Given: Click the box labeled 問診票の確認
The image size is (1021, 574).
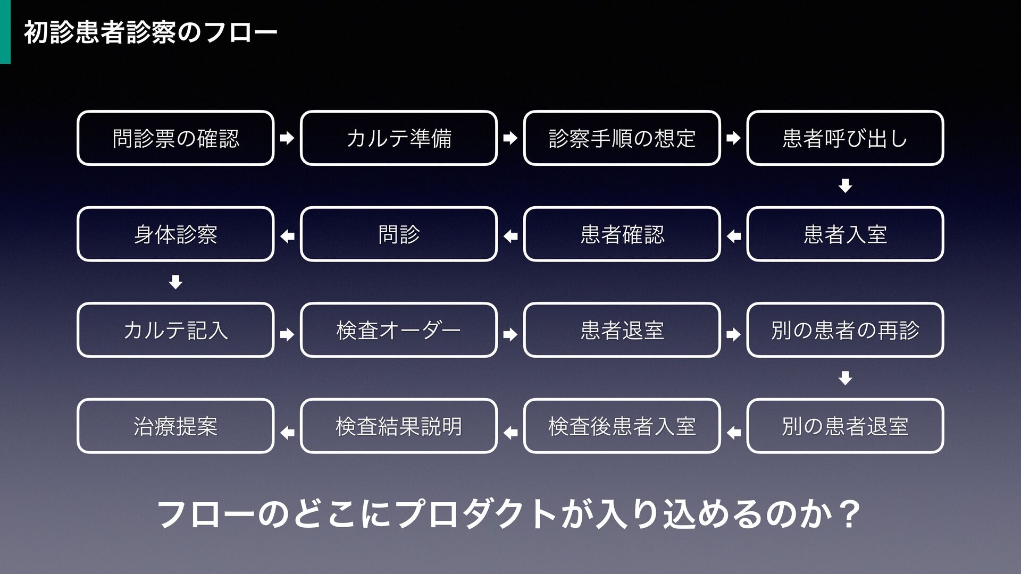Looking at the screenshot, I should click(175, 138).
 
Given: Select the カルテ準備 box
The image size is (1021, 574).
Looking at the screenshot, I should click(399, 138).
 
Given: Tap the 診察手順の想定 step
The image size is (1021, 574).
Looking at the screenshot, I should click(622, 138).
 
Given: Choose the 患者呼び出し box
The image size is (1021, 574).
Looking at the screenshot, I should click(846, 138).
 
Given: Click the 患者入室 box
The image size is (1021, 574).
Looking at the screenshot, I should click(846, 234).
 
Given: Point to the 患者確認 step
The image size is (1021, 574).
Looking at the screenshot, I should click(622, 234).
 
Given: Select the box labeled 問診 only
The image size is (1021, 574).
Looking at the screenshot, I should click(399, 234).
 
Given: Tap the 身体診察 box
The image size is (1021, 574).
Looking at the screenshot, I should click(175, 234).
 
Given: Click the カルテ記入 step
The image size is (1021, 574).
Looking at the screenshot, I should click(175, 330).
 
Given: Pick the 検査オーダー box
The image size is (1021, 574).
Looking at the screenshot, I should click(399, 330).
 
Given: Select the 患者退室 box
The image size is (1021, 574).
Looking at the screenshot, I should click(622, 330).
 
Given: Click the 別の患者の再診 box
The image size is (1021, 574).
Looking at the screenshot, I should click(846, 330).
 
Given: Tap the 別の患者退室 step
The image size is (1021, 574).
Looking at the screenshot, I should click(846, 426).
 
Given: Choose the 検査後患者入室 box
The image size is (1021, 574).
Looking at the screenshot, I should click(622, 426).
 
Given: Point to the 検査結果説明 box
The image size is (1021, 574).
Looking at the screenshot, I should click(399, 426).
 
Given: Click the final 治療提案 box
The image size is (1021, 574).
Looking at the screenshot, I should click(175, 426).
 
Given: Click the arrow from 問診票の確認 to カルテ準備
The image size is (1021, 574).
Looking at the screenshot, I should click(287, 139).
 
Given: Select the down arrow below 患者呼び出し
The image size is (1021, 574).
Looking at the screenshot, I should click(846, 186).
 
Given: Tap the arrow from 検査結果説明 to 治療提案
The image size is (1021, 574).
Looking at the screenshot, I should click(287, 433).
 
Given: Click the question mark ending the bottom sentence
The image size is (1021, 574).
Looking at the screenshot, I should click(848, 514).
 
